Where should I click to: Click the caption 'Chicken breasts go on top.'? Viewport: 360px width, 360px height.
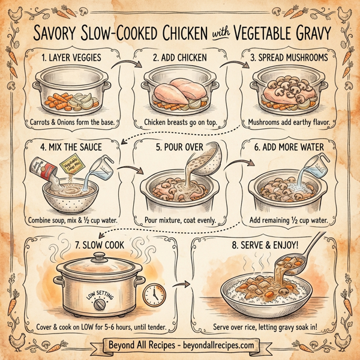tap(180, 124)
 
